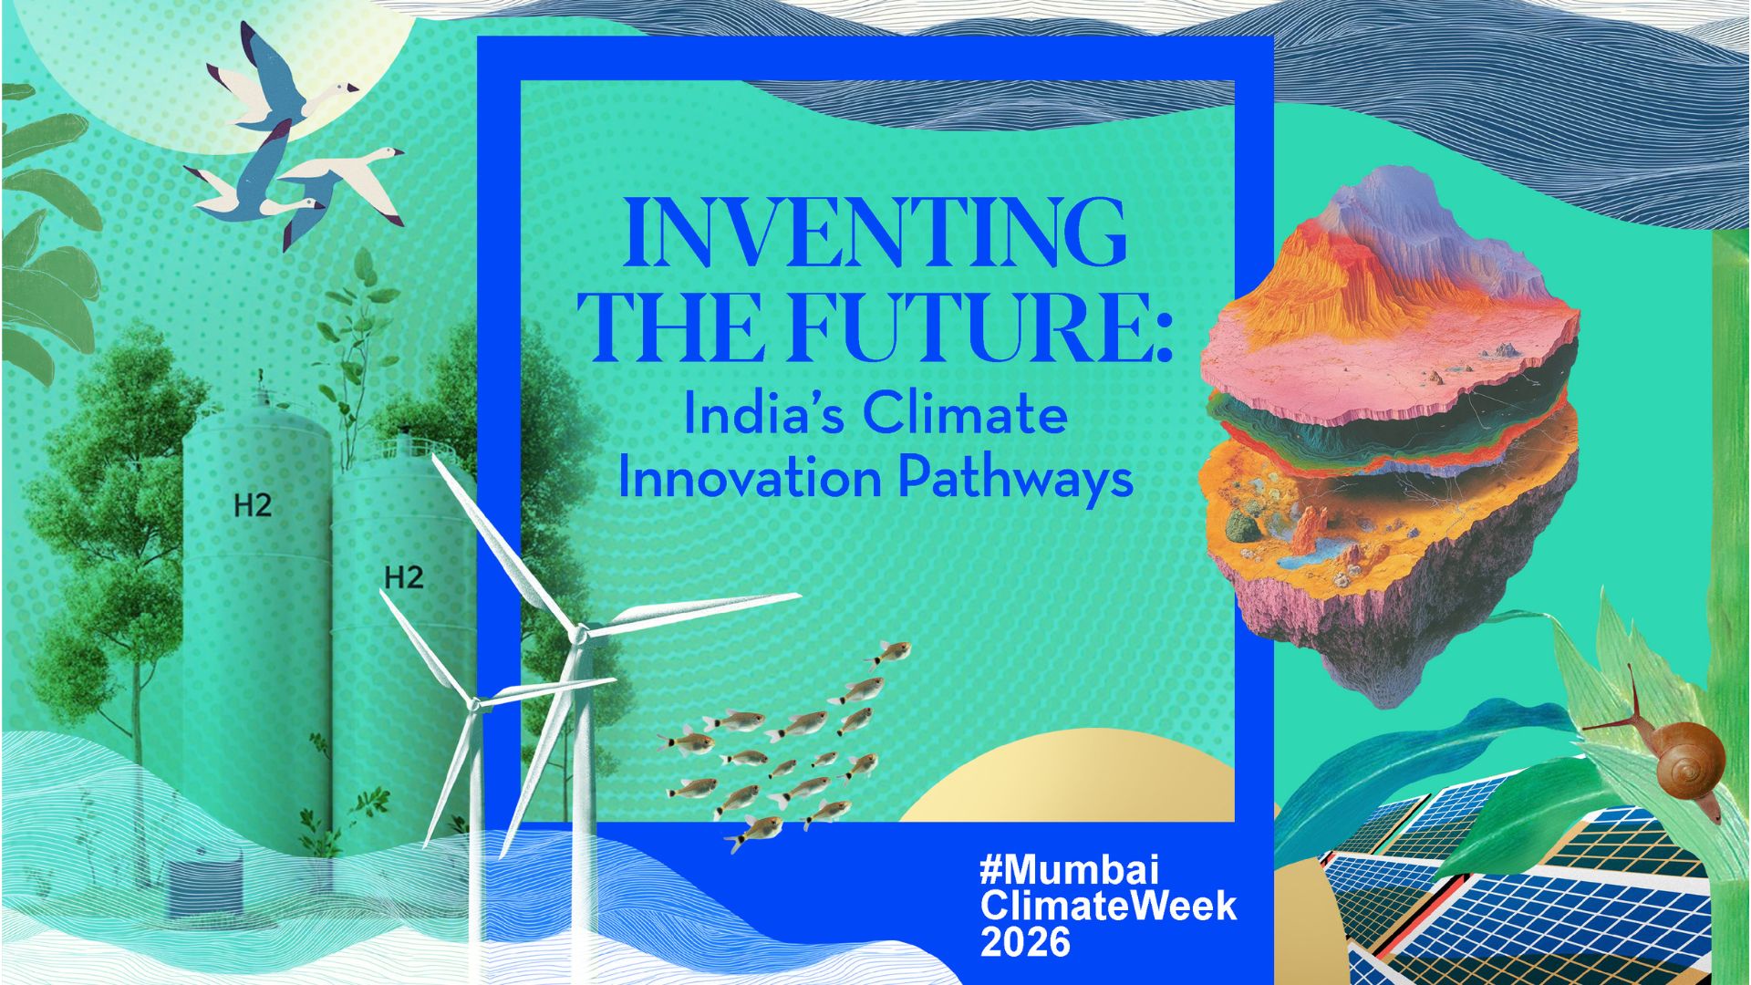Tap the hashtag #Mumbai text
(1069, 869)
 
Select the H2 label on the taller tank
(253, 504)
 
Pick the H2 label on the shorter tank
(404, 576)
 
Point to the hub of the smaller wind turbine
(474, 703)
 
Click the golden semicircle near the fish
(1067, 780)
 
